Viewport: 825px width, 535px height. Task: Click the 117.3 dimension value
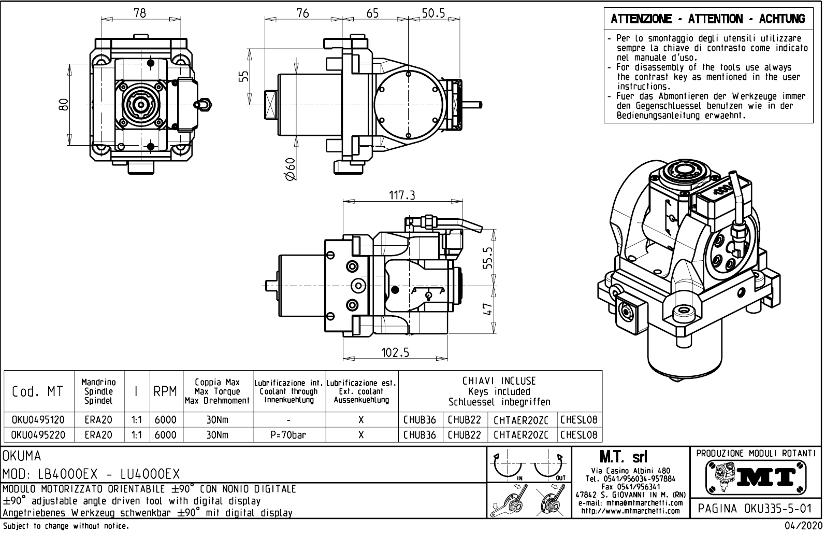(x=402, y=195)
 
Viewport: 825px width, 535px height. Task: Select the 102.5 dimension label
(x=395, y=353)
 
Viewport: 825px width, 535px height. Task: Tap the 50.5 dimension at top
(x=433, y=13)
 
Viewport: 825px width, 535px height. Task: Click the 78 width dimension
(x=139, y=13)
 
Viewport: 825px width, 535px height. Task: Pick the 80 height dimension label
(x=63, y=105)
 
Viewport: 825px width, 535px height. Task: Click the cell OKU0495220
(x=38, y=435)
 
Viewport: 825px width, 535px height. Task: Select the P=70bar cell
(x=288, y=435)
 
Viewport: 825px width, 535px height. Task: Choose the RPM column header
(x=165, y=392)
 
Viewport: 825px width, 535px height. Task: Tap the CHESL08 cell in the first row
(x=578, y=419)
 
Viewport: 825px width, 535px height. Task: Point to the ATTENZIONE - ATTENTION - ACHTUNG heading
(x=708, y=20)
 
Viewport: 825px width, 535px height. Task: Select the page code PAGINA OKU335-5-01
(x=756, y=508)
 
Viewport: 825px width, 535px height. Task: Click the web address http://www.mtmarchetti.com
(x=630, y=511)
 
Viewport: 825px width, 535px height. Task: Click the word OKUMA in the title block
(x=22, y=456)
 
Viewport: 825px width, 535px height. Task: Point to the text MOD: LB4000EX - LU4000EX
(x=91, y=474)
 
